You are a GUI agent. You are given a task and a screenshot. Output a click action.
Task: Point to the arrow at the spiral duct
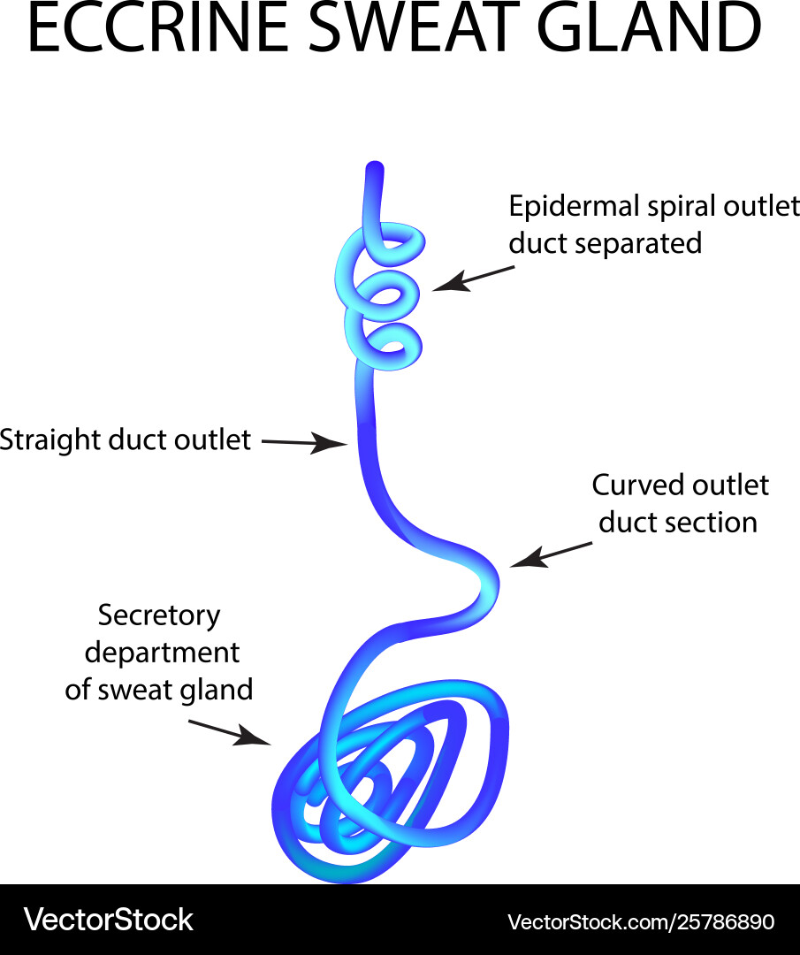(x=473, y=277)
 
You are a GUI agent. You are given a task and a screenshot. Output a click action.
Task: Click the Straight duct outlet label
(x=126, y=439)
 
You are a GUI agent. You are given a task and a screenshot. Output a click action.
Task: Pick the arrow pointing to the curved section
(x=551, y=554)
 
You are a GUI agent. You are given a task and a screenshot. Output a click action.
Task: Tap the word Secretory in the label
(x=159, y=615)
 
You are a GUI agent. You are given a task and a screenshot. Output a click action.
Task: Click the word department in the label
(x=162, y=653)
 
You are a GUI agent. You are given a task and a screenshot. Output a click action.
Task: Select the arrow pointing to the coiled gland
(x=229, y=731)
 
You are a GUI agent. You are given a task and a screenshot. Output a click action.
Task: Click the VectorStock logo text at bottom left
(x=108, y=920)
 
